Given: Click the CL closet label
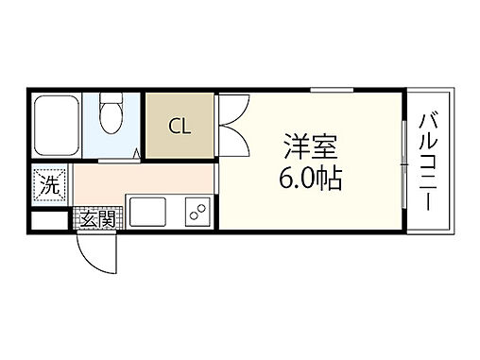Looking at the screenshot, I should [180, 127].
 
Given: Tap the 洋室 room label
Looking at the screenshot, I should [309, 148].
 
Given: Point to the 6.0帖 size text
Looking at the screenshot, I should [309, 177].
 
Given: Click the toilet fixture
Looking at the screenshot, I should [111, 115].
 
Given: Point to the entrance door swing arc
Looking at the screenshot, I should [94, 253].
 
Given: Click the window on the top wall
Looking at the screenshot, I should [331, 91].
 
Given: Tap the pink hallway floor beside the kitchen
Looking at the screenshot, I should [142, 180].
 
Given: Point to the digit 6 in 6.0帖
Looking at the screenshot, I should [286, 177].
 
